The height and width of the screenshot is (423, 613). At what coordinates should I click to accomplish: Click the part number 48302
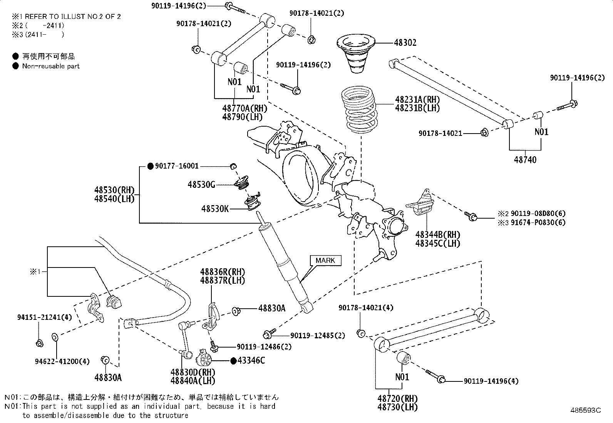(405, 43)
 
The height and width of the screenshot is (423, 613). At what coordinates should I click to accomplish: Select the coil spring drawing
(359, 110)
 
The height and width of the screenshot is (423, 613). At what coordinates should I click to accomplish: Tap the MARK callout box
(325, 261)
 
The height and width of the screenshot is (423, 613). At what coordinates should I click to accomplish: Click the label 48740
(525, 160)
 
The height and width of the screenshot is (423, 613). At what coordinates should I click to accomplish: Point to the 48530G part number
(201, 185)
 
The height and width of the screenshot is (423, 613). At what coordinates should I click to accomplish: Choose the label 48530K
(215, 209)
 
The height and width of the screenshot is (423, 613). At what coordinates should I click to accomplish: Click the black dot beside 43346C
(233, 361)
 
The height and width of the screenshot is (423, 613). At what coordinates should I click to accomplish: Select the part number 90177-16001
(177, 166)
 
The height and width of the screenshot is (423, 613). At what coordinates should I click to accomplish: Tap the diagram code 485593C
(586, 410)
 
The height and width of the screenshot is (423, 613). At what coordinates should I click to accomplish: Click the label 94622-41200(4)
(62, 361)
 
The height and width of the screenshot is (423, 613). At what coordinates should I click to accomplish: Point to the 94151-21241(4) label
(45, 317)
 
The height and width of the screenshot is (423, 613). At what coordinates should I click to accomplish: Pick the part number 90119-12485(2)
(318, 336)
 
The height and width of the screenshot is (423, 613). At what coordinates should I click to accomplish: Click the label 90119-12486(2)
(264, 347)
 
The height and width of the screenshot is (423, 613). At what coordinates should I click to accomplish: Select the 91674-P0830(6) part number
(538, 222)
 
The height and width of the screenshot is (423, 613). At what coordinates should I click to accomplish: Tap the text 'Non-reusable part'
(51, 66)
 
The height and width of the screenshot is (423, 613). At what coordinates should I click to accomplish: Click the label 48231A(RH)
(417, 100)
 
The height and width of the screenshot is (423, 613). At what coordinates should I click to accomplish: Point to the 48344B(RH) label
(438, 235)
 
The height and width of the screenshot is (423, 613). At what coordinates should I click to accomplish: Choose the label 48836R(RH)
(223, 272)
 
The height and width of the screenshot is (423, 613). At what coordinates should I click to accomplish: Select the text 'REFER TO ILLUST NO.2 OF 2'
(73, 17)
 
